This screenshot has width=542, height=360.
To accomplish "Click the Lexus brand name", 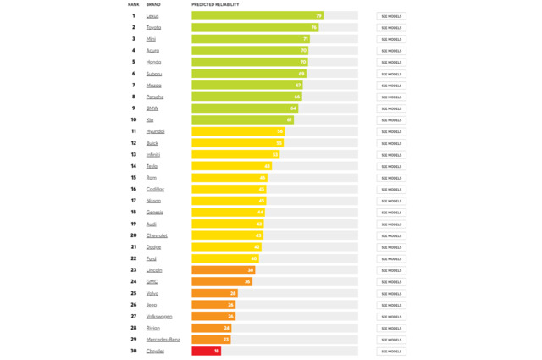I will pyautogui.click(x=152, y=16).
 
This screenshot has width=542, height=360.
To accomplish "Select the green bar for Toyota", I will pyautogui.click(x=254, y=27).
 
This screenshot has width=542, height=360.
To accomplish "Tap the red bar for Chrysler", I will pyautogui.click(x=206, y=351).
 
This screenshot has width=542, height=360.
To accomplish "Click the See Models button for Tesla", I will pyautogui.click(x=391, y=166).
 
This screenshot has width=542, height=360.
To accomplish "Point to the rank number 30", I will pyautogui.click(x=133, y=351).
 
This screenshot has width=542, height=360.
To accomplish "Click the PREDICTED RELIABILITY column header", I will pyautogui.click(x=215, y=4).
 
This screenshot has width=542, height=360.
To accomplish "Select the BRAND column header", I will pyautogui.click(x=152, y=4).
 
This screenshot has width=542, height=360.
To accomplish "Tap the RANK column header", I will pyautogui.click(x=133, y=4).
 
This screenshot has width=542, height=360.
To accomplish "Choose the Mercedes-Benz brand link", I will pyautogui.click(x=163, y=340).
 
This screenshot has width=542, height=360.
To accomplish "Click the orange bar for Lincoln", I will pyautogui.click(x=223, y=270).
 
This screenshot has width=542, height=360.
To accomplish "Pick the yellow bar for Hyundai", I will pyautogui.click(x=237, y=131).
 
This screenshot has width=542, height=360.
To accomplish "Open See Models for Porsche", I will pyautogui.click(x=391, y=97).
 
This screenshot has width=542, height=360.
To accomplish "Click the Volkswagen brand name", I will pyautogui.click(x=159, y=316).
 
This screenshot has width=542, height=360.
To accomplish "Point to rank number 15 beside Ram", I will pyautogui.click(x=133, y=178).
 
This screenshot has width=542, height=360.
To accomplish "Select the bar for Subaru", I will pyautogui.click(x=248, y=74).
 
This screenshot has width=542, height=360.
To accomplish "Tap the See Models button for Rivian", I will pyautogui.click(x=391, y=328).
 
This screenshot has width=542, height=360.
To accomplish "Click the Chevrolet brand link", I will pyautogui.click(x=157, y=235).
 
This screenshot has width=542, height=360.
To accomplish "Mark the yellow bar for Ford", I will pyautogui.click(x=224, y=258).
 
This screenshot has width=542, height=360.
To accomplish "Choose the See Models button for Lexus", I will pyautogui.click(x=391, y=16).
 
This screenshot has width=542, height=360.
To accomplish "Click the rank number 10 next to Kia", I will pyautogui.click(x=133, y=119).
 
